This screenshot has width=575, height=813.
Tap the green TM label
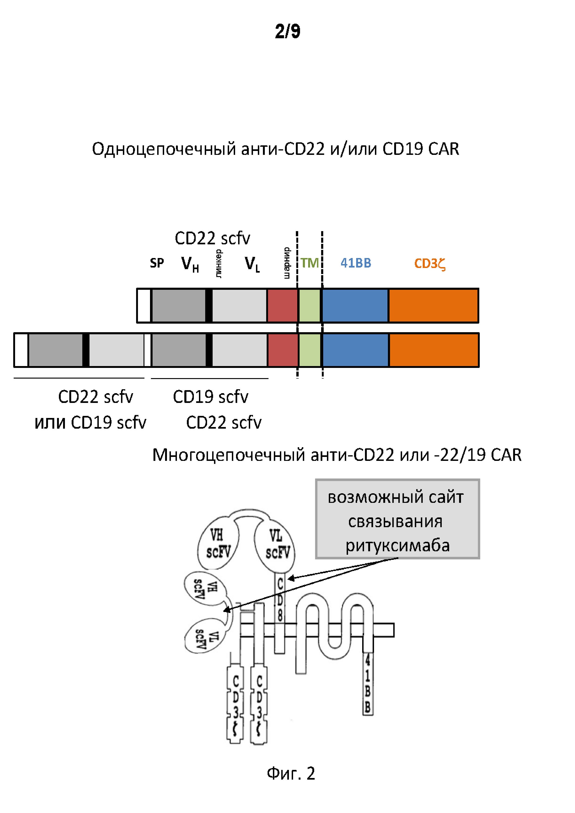pos(310,263)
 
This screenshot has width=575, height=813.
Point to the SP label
pos(157,263)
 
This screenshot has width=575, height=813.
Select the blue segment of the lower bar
pos(355,350)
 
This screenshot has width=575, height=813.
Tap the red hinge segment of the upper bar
pos(282,305)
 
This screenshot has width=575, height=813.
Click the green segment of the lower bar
pos(310,350)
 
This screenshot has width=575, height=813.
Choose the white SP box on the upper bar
pos(144,305)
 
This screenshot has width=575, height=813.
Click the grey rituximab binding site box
pos(397,519)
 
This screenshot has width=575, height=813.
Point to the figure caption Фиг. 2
pos(291,773)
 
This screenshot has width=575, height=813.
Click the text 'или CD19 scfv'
pos(90,422)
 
